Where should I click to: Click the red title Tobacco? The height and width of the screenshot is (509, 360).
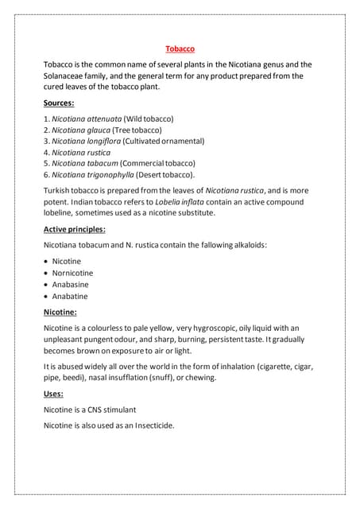tap(180, 49)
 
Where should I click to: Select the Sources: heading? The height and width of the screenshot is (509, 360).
tap(59, 103)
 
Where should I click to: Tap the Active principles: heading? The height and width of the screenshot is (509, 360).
tap(74, 229)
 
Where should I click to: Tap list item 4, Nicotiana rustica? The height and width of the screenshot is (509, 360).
tap(81, 152)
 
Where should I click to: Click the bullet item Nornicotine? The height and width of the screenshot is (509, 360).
tap(74, 273)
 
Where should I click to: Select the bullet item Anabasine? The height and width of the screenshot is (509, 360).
tap(71, 284)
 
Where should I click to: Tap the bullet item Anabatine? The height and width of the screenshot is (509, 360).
tap(70, 296)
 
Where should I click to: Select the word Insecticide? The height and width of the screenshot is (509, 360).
tap(147, 425)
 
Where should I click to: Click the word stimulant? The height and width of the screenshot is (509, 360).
tap(116, 410)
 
